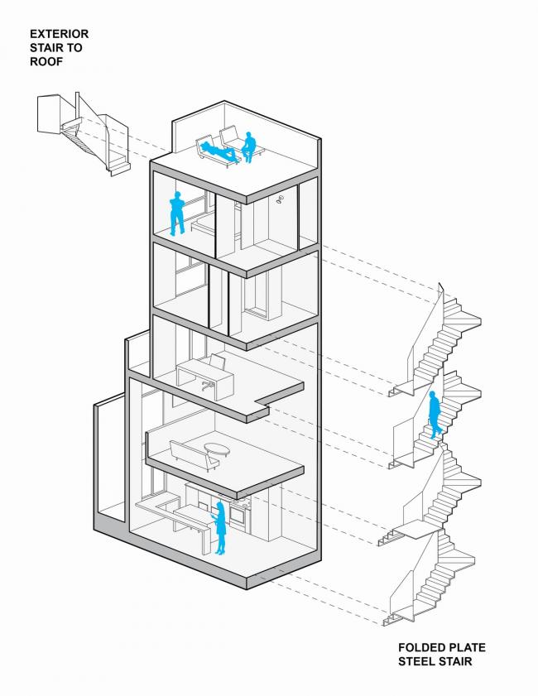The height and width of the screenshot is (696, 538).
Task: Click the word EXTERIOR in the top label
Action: tap(59, 34)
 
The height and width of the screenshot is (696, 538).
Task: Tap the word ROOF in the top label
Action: tap(47, 60)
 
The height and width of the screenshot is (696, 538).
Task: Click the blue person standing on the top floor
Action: tap(176, 214)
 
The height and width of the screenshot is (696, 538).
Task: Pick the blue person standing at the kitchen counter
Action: tap(221, 527)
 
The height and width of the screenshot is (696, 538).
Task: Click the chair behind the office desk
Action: tap(219, 362)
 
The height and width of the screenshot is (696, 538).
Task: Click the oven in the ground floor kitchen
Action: tap(237, 516)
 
